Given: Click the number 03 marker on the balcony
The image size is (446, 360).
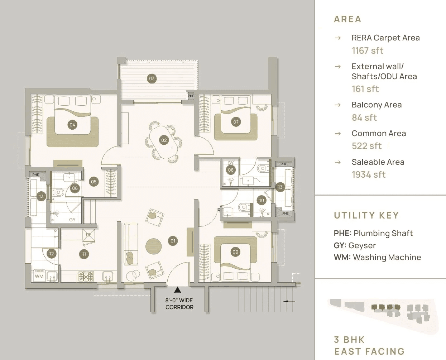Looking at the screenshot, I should tap(152, 78).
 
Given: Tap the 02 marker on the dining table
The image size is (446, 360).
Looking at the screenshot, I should tap(164, 140).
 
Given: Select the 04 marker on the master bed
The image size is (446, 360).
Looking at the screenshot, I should tap(72, 125).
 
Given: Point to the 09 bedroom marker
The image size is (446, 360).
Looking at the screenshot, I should tap(235, 252).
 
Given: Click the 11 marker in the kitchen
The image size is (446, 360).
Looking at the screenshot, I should tap(84, 254).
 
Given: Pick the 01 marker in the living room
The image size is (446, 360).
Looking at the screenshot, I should tap(173, 241).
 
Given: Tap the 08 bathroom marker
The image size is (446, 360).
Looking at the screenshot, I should tap(231, 170).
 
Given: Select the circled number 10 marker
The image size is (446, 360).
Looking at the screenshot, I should tap(262, 201).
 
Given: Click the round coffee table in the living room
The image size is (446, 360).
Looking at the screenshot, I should tap(154, 246).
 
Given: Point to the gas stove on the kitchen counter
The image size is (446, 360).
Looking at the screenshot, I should tap(86, 276).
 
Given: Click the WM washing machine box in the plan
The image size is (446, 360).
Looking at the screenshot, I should tap(39, 276).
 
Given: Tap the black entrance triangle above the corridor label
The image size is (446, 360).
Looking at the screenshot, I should tap(177, 290).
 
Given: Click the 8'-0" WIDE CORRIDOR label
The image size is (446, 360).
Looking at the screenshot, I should tap(179, 304).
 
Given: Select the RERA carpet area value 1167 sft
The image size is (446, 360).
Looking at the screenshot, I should tap(367, 51).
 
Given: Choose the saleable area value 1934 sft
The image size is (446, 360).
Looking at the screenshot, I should tap(368, 174).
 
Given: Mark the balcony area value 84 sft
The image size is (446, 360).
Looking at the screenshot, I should tap(364, 117).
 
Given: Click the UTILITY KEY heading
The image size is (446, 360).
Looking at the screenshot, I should tap(366, 215).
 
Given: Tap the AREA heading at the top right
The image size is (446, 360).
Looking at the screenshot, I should tap(347, 19).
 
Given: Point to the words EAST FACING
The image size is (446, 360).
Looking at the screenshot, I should tap(369, 351).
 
